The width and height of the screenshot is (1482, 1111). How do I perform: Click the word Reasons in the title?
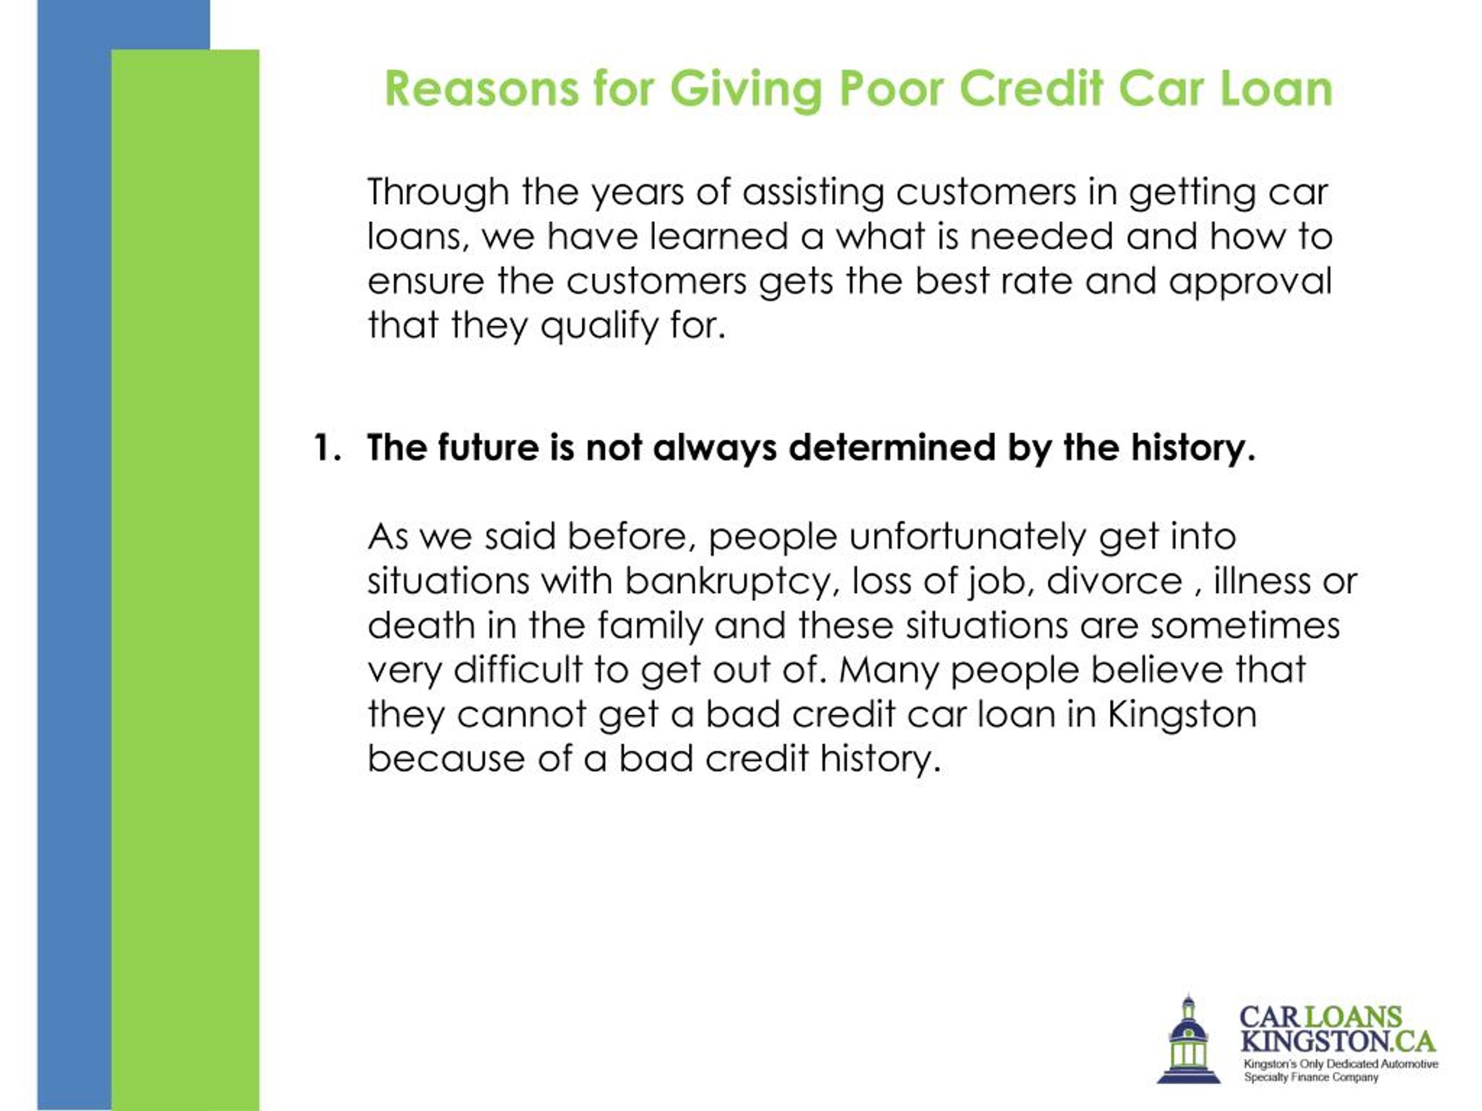coord(481,89)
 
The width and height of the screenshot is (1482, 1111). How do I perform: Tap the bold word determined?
coord(892,447)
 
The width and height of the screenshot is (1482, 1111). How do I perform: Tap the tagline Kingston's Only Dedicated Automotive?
coord(1341,1064)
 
